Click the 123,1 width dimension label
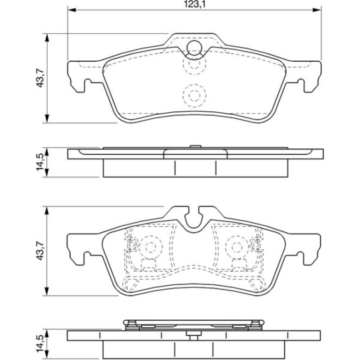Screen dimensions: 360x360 pyautogui.click(x=194, y=4)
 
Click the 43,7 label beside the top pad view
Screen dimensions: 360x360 pyautogui.click(x=40, y=78)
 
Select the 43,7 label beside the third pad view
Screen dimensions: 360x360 pyautogui.click(x=40, y=251)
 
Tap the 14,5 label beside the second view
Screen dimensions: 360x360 pyautogui.click(x=40, y=162)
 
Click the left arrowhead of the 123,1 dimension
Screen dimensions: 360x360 pyautogui.click(x=72, y=10)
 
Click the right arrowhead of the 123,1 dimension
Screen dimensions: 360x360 pyautogui.click(x=317, y=10)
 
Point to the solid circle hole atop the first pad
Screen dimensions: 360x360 pyautogui.click(x=194, y=48)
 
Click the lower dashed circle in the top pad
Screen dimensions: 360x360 pyautogui.click(x=194, y=95)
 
